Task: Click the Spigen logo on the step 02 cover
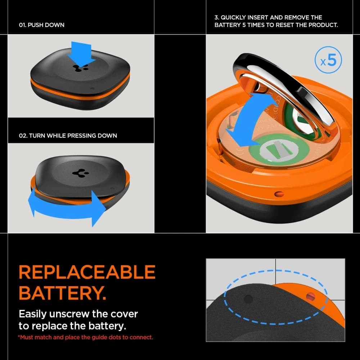(x=78, y=172)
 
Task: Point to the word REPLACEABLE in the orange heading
(x=87, y=273)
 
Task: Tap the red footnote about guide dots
(x=86, y=337)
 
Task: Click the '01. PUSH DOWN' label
(x=41, y=25)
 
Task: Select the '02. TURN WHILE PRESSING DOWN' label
(x=68, y=135)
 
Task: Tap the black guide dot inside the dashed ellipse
(x=248, y=298)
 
